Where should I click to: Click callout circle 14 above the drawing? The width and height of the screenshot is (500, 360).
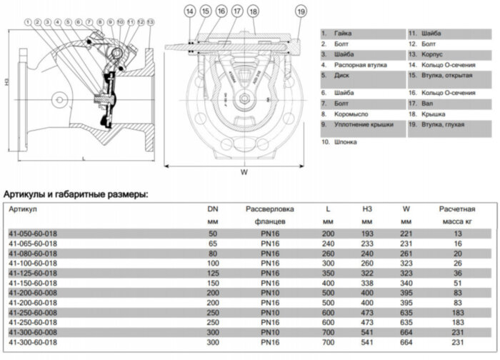pos(189,11)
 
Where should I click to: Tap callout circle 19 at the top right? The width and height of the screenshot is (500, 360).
pos(301,11)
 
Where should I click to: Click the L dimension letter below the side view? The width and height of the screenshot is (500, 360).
pos(84,159)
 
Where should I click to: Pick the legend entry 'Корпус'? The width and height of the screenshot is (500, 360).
pos(435,54)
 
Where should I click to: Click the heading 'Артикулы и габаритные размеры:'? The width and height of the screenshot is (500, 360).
pos(76,194)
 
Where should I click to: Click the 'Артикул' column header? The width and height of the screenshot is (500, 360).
pos(23,209)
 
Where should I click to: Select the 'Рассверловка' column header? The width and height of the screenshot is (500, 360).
pos(270,209)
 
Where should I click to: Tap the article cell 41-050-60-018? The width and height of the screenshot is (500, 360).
pos(32,234)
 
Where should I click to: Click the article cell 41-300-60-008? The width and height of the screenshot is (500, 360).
pos(32,333)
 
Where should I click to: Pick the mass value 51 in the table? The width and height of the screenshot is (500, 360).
pos(457,283)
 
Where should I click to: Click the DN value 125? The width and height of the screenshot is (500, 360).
pos(212,273)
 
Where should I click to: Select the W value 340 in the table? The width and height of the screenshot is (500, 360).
pos(406,283)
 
